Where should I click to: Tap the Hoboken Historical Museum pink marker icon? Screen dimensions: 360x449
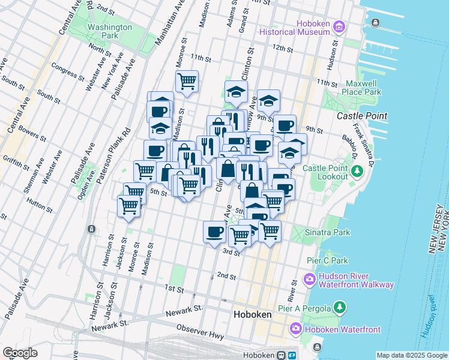point(339,26)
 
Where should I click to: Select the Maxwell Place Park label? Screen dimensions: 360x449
point(361,88)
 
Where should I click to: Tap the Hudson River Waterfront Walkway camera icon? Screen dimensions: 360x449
point(310,279)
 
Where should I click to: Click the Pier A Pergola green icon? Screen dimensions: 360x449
point(340,308)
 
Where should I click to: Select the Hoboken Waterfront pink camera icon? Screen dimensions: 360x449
point(295,329)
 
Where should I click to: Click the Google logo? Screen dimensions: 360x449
point(20,353)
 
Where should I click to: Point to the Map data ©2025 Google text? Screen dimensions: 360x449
point(412,355)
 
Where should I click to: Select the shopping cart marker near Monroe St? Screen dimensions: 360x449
point(187,80)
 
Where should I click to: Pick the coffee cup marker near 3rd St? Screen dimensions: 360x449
point(214,231)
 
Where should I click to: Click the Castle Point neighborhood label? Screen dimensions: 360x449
point(361,115)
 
